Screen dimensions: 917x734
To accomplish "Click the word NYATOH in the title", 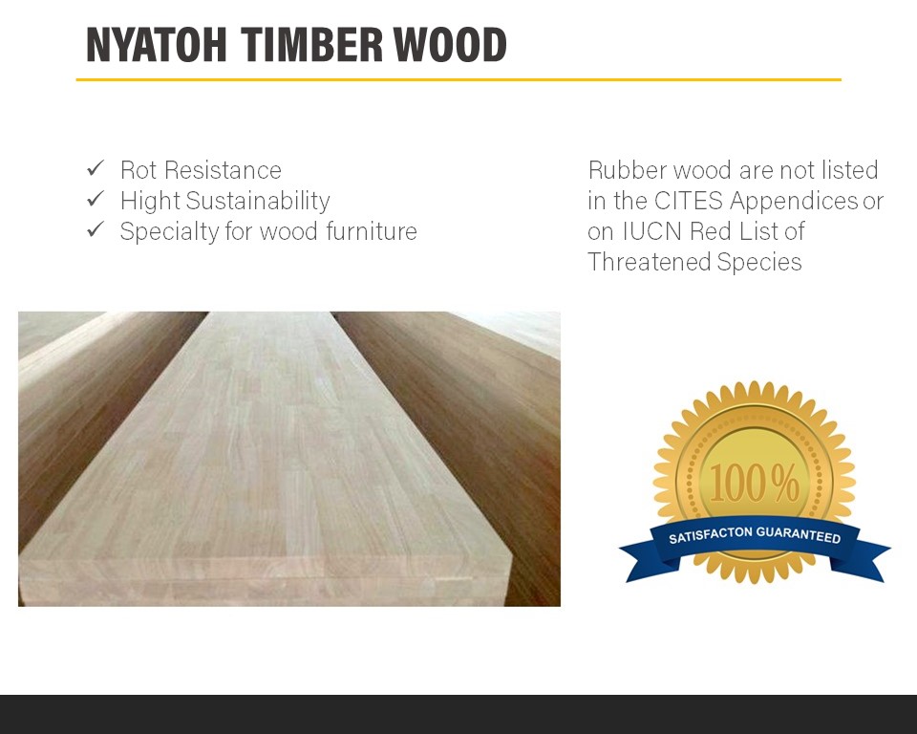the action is coord(156,45).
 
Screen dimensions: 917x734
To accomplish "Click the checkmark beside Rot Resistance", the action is coord(96,168).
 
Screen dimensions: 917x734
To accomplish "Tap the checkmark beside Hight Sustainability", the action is coord(96,199).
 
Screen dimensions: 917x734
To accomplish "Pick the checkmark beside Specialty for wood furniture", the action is coord(96,229).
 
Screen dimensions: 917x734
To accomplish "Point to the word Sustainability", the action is coord(258,202).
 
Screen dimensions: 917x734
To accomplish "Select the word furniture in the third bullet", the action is coord(372,231).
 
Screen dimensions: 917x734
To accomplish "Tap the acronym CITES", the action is coord(689,201).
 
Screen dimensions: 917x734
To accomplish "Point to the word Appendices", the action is coord(794,202).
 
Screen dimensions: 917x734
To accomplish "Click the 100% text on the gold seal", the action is coord(755,483).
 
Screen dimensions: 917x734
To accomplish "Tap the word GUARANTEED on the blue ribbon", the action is coord(799,534).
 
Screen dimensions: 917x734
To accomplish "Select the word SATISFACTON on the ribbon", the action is coord(711,535).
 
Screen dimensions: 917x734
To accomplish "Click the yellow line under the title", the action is coord(458,79).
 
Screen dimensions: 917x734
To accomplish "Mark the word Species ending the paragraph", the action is coord(759,263).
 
